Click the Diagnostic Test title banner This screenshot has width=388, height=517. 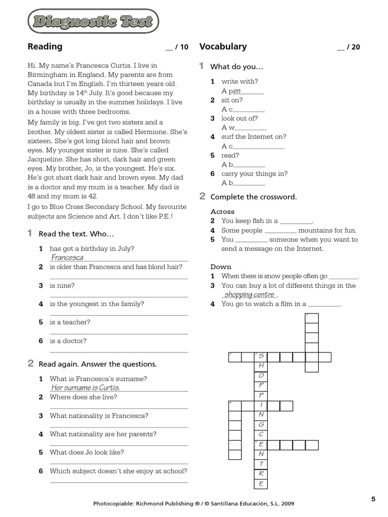tap(92, 22)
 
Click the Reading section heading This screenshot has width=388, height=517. tap(45, 46)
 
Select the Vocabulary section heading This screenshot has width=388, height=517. tap(223, 46)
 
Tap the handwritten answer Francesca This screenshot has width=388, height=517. tap(67, 257)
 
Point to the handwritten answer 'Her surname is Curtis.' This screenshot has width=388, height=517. tap(85, 388)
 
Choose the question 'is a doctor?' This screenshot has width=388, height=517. tap(68, 341)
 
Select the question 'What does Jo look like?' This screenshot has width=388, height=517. tap(86, 452)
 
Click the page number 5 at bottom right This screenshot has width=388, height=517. tap(373, 499)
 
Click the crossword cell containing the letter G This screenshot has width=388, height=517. tap(261, 425)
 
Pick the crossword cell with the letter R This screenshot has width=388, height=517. tap(261, 474)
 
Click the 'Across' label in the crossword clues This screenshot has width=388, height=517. tap(222, 212)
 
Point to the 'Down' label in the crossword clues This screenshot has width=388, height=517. tap(221, 267)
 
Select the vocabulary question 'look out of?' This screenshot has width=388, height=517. tap(239, 118)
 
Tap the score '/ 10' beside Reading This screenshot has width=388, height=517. tap(177, 47)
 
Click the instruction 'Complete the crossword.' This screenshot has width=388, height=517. tap(254, 196)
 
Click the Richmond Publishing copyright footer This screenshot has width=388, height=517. tap(193, 503)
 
